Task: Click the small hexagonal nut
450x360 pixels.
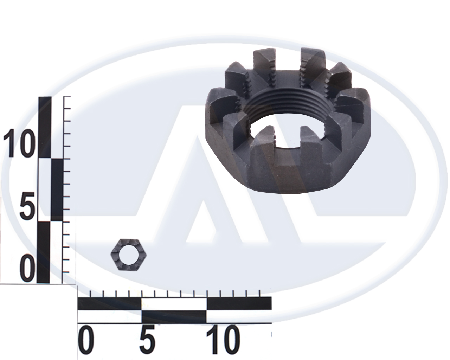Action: (x=128, y=255)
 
